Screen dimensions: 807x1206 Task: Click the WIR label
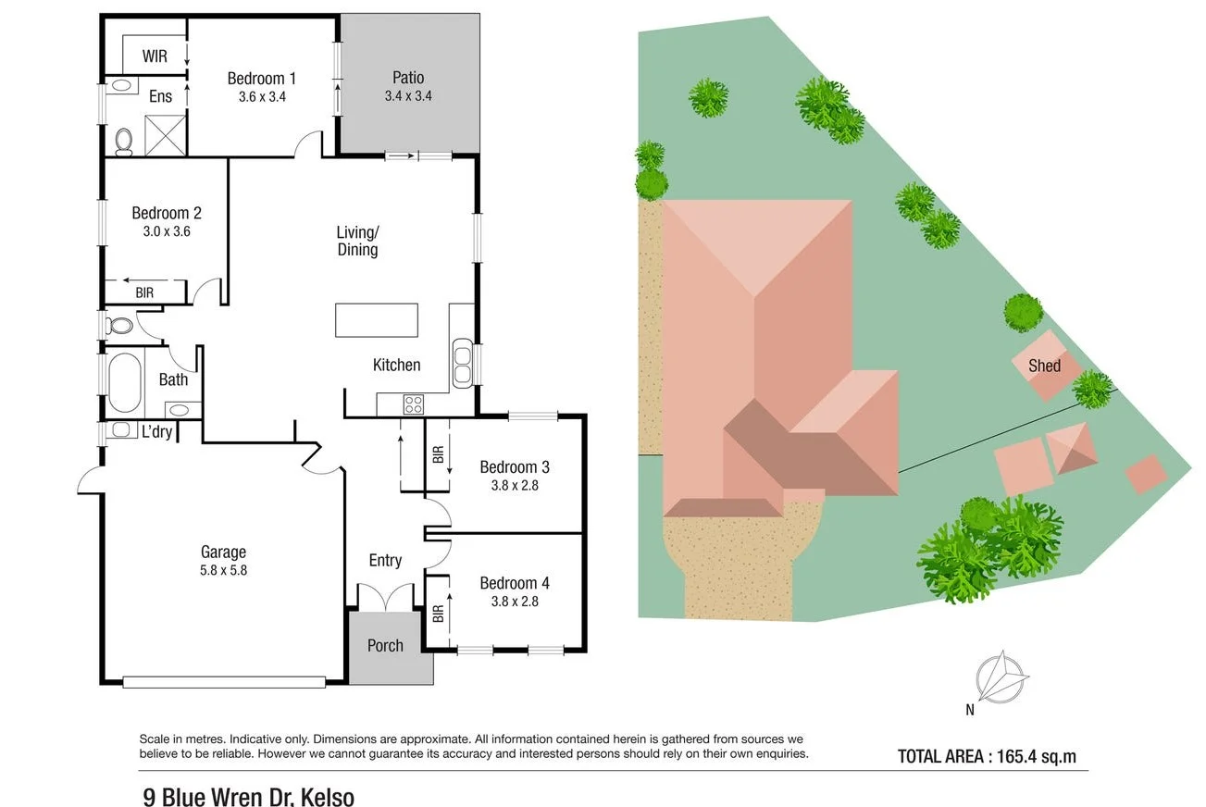155,56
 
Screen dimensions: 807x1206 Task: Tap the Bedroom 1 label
262,79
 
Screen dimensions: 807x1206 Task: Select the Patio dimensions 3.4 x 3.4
408,95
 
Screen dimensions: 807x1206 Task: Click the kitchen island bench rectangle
378,321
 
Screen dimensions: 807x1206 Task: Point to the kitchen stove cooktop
413,403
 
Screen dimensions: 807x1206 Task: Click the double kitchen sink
462,362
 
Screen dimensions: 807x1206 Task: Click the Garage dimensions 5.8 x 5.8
223,570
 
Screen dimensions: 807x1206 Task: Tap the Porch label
385,645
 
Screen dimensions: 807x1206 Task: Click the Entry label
385,560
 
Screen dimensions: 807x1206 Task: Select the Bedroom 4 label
515,583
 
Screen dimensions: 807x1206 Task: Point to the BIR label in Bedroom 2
144,292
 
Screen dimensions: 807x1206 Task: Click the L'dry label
156,431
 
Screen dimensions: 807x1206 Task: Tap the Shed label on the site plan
1044,366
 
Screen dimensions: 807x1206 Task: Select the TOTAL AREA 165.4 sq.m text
987,756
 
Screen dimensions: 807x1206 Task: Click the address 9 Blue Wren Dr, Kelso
248,796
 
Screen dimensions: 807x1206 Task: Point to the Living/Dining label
357,241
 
